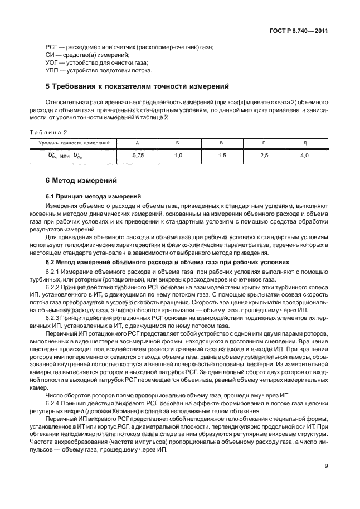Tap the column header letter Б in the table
(177, 143)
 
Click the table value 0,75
(138, 156)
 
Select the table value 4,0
(304, 156)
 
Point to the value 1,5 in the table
(221, 156)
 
